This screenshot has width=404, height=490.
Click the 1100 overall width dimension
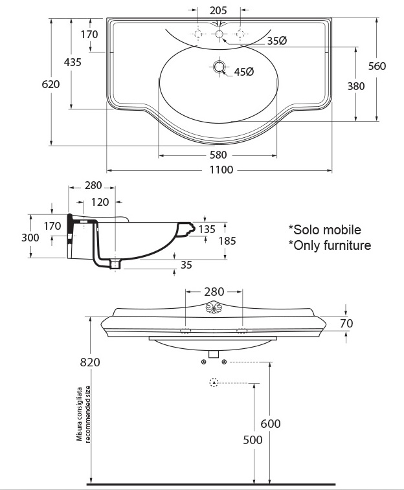(x=221, y=170)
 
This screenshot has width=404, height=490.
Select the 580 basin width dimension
(x=218, y=155)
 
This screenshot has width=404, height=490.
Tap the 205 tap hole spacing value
(x=218, y=10)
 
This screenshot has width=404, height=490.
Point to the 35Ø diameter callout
(x=277, y=41)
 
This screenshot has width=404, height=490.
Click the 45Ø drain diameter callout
(x=244, y=72)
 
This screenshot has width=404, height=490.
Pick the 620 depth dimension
(x=50, y=84)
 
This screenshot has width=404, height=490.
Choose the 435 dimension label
(x=73, y=62)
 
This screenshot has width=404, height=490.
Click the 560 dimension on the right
(x=377, y=66)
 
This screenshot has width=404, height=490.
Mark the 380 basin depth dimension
(x=356, y=86)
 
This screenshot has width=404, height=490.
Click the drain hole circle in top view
(x=219, y=67)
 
